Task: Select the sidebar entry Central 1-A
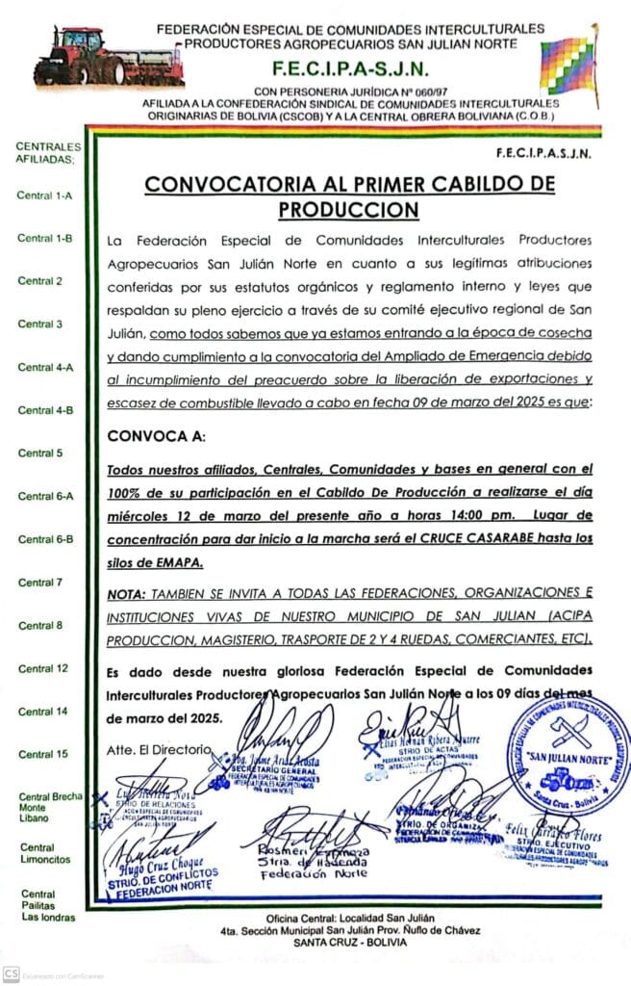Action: coord(45,195)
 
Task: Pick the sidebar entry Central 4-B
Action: coord(45,410)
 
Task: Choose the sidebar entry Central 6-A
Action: coord(45,496)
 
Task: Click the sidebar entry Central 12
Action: coord(42,668)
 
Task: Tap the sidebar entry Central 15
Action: coord(42,754)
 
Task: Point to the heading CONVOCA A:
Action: coord(157,436)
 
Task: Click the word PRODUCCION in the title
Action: coord(348,208)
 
